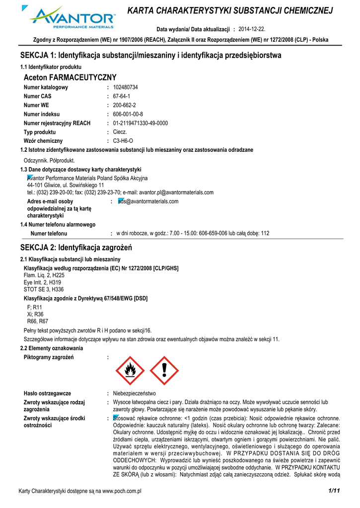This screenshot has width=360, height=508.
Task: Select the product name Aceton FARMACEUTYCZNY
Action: click(70, 77)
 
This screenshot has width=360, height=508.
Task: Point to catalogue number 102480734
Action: click(126, 87)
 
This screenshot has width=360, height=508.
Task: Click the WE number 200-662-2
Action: click(124, 105)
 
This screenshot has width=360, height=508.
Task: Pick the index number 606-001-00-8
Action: click(128, 114)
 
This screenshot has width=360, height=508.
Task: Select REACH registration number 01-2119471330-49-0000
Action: click(141, 123)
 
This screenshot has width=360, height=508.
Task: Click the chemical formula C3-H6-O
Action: click(123, 141)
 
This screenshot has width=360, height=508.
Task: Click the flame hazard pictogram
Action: click(130, 371)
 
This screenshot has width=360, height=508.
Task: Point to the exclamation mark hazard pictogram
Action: click(164, 371)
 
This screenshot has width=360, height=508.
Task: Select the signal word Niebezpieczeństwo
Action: click(134, 393)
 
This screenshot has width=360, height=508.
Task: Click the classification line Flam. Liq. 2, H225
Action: click(44, 275)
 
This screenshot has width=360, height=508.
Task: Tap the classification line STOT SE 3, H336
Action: click(44, 289)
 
